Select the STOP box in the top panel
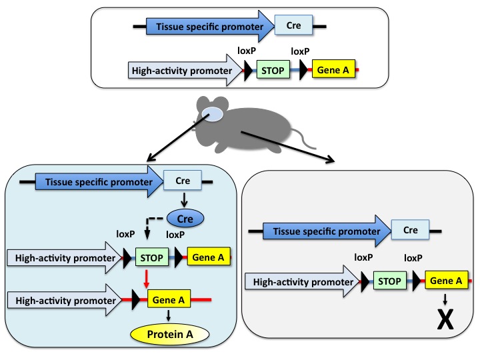pyautogui.click(x=273, y=69)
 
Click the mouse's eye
pyautogui.click(x=215, y=115)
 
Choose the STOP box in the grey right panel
pyautogui.click(x=389, y=281)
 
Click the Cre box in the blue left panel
pyautogui.click(x=182, y=179)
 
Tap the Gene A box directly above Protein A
pyautogui.click(x=165, y=300)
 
